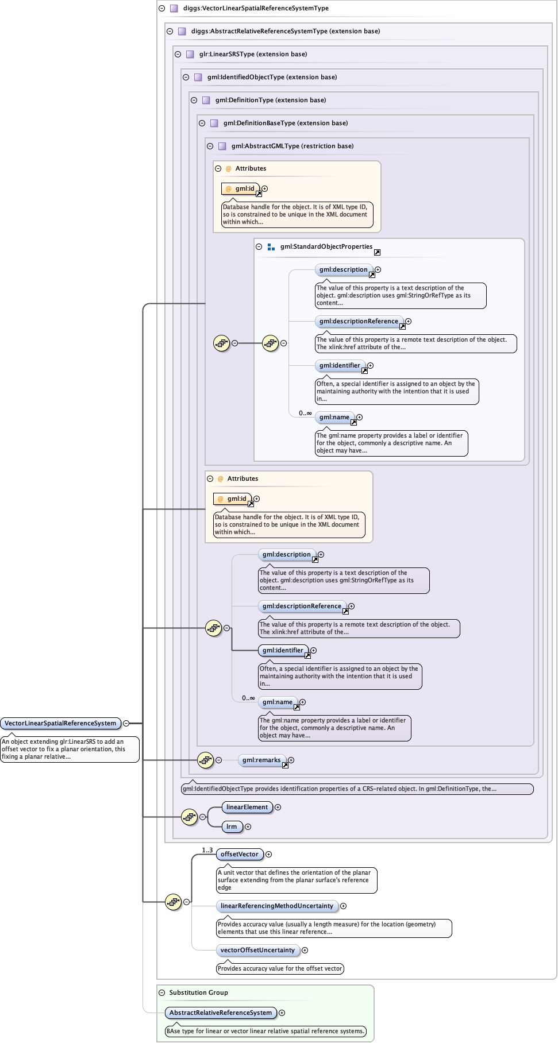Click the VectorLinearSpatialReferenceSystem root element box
pos(60,723)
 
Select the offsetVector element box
pos(240,854)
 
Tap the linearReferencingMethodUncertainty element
pos(277,906)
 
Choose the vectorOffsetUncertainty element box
pos(257,950)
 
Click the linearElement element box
pos(247,807)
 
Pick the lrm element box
pos(232,826)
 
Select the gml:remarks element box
pos(261,760)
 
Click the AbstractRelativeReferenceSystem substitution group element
pos(221,1013)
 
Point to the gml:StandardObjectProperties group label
pos(326,246)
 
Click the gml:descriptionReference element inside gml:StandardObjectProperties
pos(359,321)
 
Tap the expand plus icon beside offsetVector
pos(268,854)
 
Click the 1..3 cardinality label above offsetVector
pos(207,849)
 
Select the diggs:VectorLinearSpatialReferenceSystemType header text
pos(256,8)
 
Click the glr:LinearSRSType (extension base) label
pos(253,54)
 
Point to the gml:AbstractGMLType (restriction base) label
pos(293,146)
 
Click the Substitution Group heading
pos(198,992)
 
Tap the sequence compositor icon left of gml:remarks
pos(205,760)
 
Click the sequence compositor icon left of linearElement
pos(189,817)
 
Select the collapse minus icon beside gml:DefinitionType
pos(194,100)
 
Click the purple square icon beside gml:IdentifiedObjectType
pos(198,77)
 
